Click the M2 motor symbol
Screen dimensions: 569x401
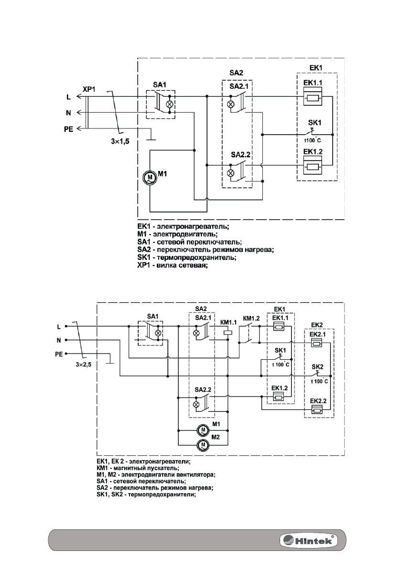tap(204, 445)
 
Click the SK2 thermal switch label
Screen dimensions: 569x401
tap(318, 367)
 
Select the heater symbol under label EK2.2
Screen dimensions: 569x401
tap(316, 409)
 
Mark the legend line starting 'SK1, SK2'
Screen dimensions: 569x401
tap(147, 495)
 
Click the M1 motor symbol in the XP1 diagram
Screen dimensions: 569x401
tap(150, 177)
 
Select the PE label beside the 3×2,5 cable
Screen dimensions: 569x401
tap(57, 354)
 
